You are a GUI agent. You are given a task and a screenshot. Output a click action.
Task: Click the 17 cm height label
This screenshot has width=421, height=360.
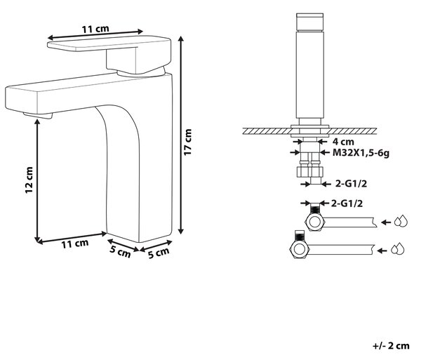click(x=188, y=142)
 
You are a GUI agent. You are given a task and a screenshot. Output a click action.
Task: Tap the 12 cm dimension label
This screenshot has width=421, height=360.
click(x=29, y=180)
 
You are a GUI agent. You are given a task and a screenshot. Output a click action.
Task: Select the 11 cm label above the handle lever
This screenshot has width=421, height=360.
click(x=95, y=29)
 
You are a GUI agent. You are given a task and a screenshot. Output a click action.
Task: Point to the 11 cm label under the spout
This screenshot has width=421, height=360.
click(x=75, y=244)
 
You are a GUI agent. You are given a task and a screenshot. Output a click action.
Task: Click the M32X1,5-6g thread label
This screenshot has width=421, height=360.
click(x=361, y=153)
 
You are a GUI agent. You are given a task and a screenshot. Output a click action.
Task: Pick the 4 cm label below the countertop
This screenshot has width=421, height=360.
click(x=343, y=142)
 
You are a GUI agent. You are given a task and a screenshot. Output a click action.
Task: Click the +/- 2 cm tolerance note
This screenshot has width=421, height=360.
click(x=391, y=346)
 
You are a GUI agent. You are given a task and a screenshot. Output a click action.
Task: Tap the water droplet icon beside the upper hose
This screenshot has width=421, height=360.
click(x=401, y=222)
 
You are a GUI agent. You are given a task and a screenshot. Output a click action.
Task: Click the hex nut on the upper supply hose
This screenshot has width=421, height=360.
click(x=316, y=222)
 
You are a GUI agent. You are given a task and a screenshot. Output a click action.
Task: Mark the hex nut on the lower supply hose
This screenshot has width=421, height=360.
click(x=300, y=249)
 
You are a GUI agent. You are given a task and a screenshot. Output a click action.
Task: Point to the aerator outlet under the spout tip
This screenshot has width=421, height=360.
click(x=38, y=115)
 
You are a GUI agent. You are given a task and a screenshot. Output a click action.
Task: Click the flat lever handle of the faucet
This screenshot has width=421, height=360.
click(x=109, y=43)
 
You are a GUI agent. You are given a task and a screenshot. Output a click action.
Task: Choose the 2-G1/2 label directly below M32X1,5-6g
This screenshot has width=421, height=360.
click(x=352, y=184)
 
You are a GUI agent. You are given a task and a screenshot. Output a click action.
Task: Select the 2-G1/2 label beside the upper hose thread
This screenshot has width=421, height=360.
click(x=347, y=204)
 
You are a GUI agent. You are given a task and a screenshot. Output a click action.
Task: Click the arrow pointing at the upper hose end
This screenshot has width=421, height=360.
click(x=386, y=222)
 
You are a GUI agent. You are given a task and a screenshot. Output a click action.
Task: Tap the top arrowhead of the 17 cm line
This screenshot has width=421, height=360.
click(x=181, y=39)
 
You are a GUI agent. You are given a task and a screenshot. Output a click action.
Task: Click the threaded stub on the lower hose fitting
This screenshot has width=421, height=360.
click(x=299, y=235)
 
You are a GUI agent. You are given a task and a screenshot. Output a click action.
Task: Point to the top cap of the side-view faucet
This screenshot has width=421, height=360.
click(x=310, y=22)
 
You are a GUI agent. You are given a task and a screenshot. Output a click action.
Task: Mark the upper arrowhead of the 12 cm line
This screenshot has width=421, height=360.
click(x=37, y=122)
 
